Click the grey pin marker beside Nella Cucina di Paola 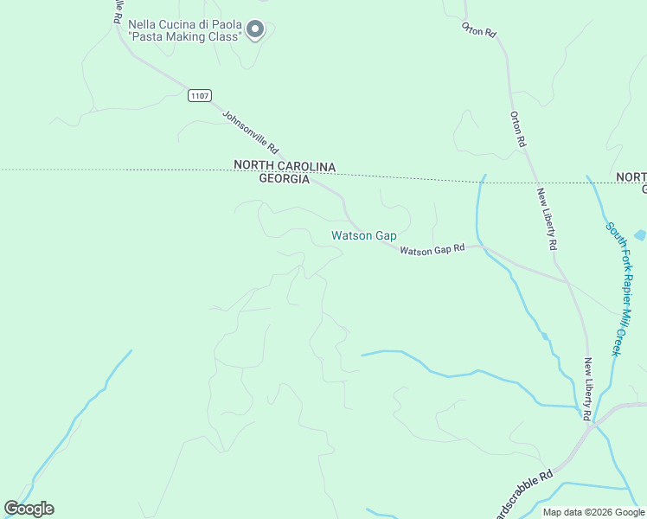coord(255,30)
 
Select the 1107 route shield coord(200,95)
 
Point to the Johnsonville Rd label coord(250,131)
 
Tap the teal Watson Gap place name coord(363,235)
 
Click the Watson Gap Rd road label coord(432,249)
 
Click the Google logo coord(29,509)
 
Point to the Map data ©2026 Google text coord(593,512)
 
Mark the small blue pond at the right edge coord(640,234)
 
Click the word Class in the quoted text coord(223,37)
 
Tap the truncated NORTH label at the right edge coord(631,177)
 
